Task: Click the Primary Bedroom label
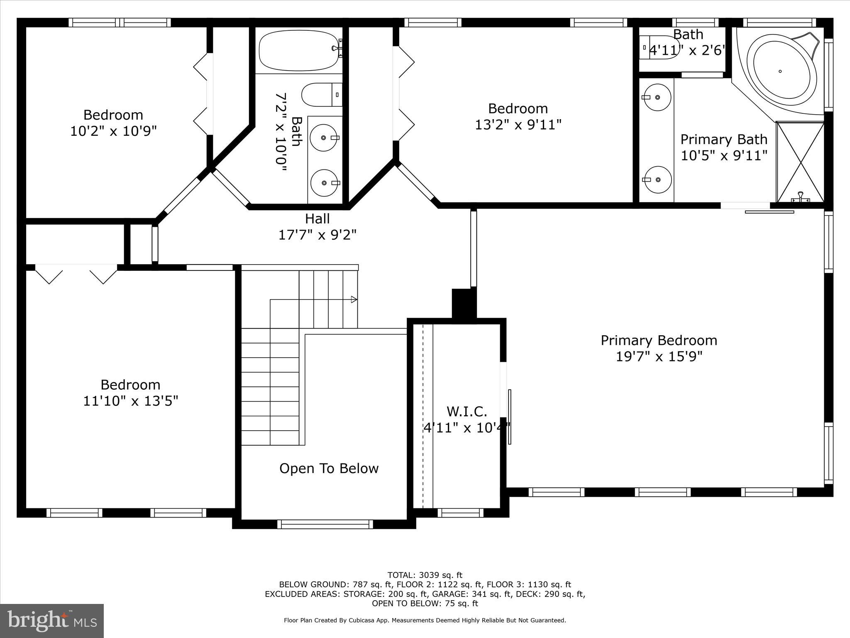pyautogui.click(x=659, y=341)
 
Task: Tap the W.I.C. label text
pyautogui.click(x=467, y=412)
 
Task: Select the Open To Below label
pyautogui.click(x=329, y=469)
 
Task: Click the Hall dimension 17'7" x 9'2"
pyautogui.click(x=317, y=235)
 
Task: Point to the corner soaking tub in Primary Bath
pyautogui.click(x=780, y=71)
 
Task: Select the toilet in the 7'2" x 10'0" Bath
pyautogui.click(x=321, y=95)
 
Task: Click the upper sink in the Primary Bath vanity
pyautogui.click(x=657, y=97)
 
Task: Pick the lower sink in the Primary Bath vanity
pyautogui.click(x=657, y=179)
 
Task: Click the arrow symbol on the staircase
pyautogui.click(x=354, y=299)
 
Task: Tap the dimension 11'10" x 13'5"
pyautogui.click(x=130, y=401)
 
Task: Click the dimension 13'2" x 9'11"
pyautogui.click(x=518, y=125)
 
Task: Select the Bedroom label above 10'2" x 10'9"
pyautogui.click(x=113, y=115)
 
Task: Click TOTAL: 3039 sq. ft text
pyautogui.click(x=425, y=575)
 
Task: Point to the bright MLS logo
pyautogui.click(x=52, y=621)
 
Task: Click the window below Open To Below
pyautogui.click(x=325, y=524)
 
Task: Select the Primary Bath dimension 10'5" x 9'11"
pyautogui.click(x=723, y=156)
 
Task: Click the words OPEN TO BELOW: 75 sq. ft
pyautogui.click(x=425, y=604)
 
